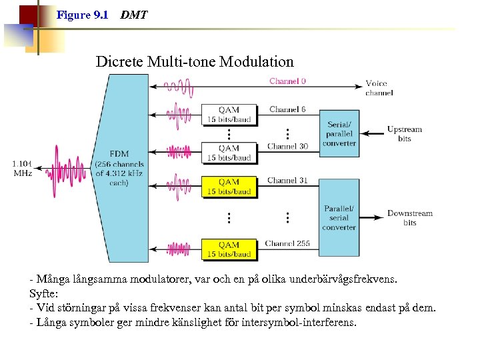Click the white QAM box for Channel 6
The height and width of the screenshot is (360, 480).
229,114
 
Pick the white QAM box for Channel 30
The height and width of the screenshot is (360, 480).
229,153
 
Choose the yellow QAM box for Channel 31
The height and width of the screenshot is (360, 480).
229,186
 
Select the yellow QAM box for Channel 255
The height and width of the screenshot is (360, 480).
229,249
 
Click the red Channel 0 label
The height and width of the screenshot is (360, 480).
287,81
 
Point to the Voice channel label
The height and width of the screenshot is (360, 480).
379,88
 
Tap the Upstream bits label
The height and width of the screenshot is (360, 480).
405,134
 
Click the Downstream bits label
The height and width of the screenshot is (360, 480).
409,218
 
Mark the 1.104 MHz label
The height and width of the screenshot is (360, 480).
22,168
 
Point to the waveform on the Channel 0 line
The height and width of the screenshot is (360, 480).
179,86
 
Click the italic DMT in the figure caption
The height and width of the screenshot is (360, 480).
134,15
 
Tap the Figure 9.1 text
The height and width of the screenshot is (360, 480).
83,15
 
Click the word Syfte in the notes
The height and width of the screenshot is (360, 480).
43,293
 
